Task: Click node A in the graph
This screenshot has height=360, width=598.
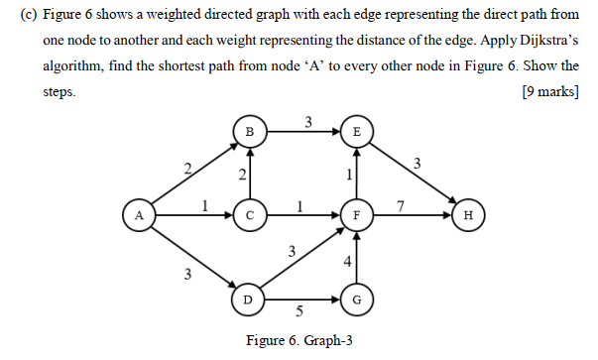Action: pos(140,213)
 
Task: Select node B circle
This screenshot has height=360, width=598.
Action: pos(249,131)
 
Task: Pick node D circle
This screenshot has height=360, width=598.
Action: pos(249,297)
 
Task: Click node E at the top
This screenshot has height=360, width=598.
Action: pos(357,131)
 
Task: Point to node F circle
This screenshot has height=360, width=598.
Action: pos(357,213)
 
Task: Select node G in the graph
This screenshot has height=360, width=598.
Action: pos(357,297)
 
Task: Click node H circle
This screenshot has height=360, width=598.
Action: pos(467,213)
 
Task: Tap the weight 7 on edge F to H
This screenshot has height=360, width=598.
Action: pos(399,205)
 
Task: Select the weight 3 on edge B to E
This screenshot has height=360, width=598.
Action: pos(308,122)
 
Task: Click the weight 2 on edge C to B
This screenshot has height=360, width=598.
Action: pos(240,176)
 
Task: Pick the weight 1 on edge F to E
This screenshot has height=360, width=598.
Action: pos(348,175)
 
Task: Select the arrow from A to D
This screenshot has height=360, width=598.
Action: pos(194,255)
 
